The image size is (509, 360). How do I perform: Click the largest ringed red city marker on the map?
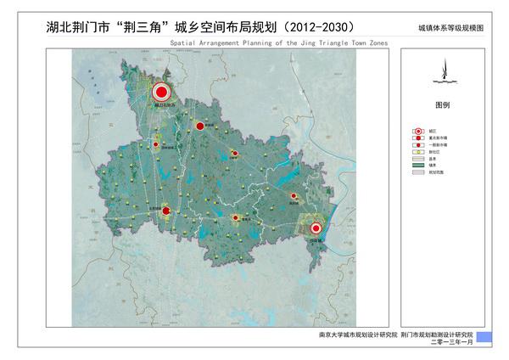(x=162, y=93)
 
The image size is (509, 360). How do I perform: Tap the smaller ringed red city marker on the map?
(x=316, y=228)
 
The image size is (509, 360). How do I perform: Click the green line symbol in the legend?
(x=417, y=165)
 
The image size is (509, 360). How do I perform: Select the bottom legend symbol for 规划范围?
(x=417, y=172)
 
